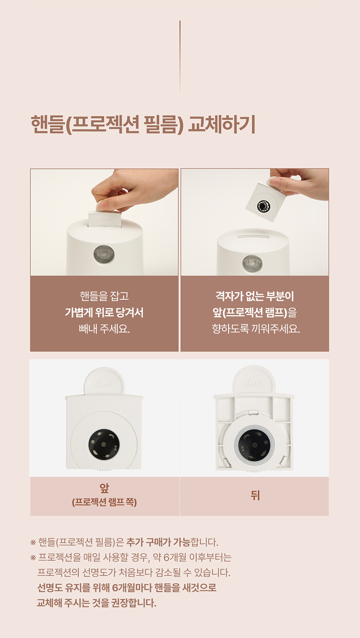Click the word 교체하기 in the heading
pos(221,124)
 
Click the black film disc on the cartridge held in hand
pos(265,205)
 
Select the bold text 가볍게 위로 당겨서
pos(104,312)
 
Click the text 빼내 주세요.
pos(104,329)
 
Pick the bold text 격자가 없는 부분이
pos(255,296)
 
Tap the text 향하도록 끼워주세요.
pos(256,329)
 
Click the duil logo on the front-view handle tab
pos(104,386)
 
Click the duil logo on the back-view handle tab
pos(254,383)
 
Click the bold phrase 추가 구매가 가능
pos(158,542)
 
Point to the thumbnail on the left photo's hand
pos(101,204)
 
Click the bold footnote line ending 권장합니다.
pos(97,602)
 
